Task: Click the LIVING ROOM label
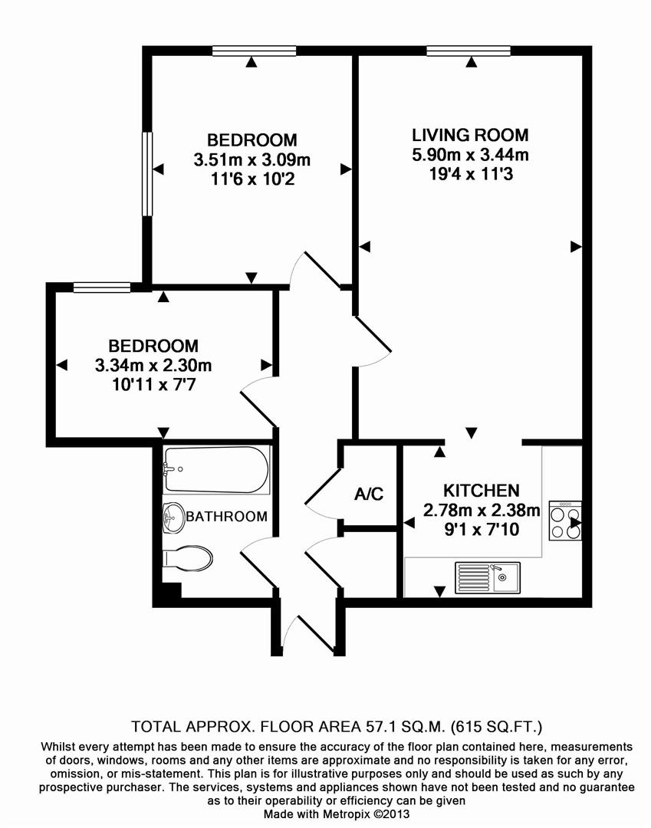click(x=470, y=136)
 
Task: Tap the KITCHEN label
click(x=482, y=490)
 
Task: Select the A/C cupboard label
click(x=369, y=495)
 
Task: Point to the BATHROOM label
click(x=226, y=516)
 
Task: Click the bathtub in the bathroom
click(x=215, y=470)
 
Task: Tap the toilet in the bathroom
click(x=188, y=558)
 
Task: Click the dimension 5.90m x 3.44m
click(x=470, y=156)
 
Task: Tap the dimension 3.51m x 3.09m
click(x=252, y=160)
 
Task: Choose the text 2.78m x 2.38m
click(x=482, y=510)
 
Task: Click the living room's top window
click(x=468, y=51)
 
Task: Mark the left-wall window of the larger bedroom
click(x=147, y=173)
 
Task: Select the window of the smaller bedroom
click(x=102, y=287)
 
